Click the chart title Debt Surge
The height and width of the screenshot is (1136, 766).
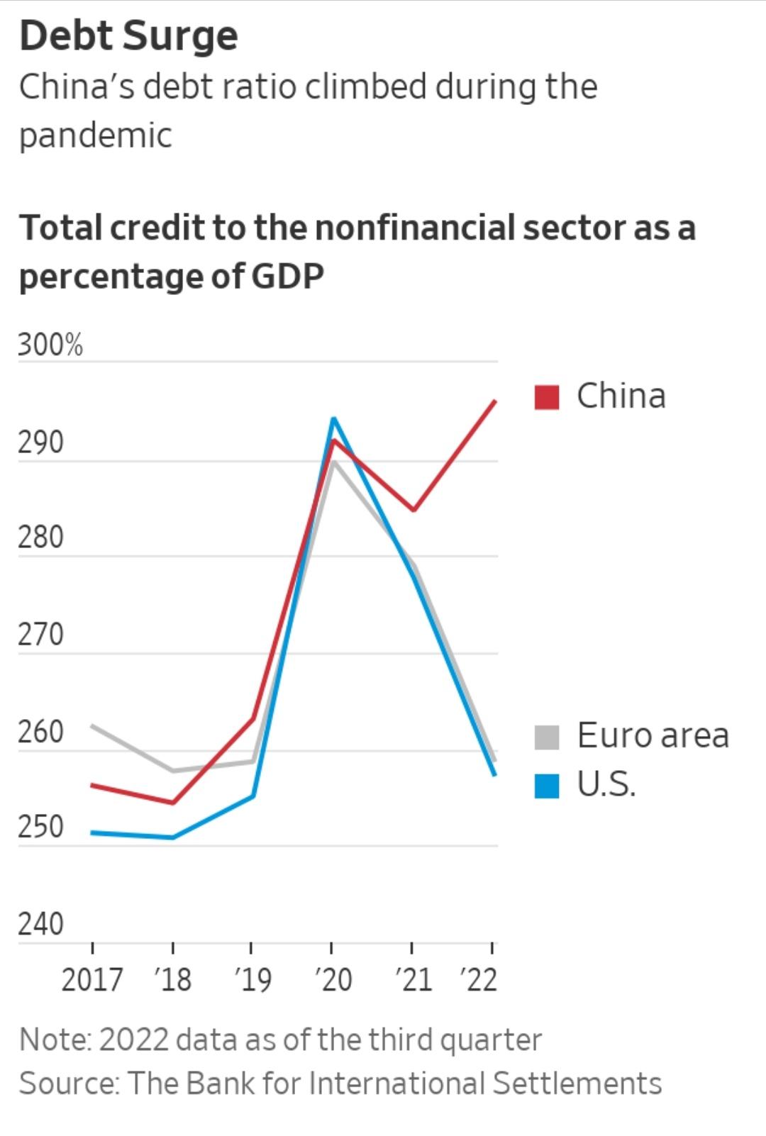coord(128,35)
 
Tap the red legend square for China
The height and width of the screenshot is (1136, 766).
coord(547,397)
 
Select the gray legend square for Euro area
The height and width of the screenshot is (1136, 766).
coord(547,737)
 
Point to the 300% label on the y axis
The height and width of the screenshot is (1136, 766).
coord(50,345)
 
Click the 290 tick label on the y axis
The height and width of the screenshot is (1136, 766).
coord(40,442)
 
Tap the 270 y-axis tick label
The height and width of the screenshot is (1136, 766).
coord(40,635)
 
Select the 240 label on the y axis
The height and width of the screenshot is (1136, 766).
coord(40,925)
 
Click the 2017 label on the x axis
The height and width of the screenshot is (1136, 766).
coord(92,980)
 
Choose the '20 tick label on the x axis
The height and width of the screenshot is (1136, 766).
coord(333,980)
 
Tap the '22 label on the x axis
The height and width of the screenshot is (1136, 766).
coord(479,980)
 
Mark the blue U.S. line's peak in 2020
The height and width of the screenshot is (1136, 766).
coord(333,418)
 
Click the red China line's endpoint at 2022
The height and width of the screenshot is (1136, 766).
coord(495,401)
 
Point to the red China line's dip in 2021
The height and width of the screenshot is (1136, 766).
coord(413,510)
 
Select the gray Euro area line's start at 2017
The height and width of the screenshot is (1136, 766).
coord(93,725)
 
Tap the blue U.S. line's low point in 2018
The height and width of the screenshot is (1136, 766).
coord(172,837)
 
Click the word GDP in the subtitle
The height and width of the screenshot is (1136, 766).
coord(287,276)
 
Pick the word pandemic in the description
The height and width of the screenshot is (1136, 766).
coord(96,135)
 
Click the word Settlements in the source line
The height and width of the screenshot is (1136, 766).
coord(577,1084)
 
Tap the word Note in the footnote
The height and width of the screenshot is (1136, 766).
coord(54,1040)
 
